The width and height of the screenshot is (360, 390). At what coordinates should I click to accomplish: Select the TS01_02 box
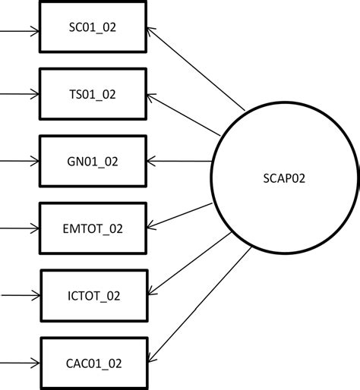click(92, 95)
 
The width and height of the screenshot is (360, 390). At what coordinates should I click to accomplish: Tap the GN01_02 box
click(92, 161)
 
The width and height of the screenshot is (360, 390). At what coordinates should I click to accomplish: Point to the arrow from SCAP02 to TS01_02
click(190, 118)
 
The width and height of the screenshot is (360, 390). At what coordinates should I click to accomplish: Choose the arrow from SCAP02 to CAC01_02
click(197, 304)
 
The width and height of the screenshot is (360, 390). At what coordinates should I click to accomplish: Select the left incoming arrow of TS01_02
click(19, 95)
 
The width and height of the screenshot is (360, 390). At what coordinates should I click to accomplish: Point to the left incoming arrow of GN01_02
click(19, 161)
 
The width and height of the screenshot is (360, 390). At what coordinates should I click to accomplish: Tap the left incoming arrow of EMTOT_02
click(19, 228)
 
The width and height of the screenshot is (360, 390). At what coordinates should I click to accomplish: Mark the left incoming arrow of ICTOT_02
click(19, 294)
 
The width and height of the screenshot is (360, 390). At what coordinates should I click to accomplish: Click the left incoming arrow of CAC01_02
click(19, 360)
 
